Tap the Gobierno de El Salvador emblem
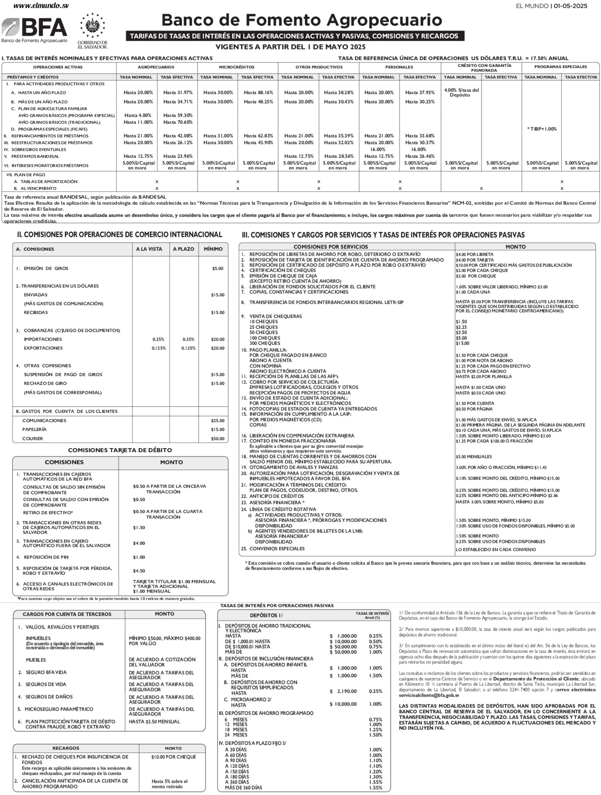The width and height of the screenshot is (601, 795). tap(92, 27)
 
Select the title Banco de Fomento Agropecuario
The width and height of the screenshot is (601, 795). tap(301, 20)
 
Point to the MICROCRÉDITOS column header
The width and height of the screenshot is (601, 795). tap(237, 67)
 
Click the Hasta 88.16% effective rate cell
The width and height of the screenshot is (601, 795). tap(258, 92)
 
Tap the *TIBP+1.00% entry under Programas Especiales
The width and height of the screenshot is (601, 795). tap(541, 129)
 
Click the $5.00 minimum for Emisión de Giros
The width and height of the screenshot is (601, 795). tap(218, 269)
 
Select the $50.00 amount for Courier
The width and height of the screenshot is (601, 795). tap(218, 438)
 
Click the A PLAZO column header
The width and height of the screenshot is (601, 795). tap(183, 249)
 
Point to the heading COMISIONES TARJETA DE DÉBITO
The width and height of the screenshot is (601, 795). tap(120, 450)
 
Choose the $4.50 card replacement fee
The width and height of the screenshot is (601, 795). tap(139, 571)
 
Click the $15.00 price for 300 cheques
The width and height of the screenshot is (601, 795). tap(462, 343)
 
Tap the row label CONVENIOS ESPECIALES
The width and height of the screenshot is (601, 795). tap(277, 549)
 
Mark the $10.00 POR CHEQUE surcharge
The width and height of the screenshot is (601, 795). tap(174, 757)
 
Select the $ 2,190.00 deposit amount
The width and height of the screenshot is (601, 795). tap(343, 691)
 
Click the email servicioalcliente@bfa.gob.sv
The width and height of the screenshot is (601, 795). tap(429, 695)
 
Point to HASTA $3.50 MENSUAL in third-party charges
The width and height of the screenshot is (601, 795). tap(154, 721)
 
